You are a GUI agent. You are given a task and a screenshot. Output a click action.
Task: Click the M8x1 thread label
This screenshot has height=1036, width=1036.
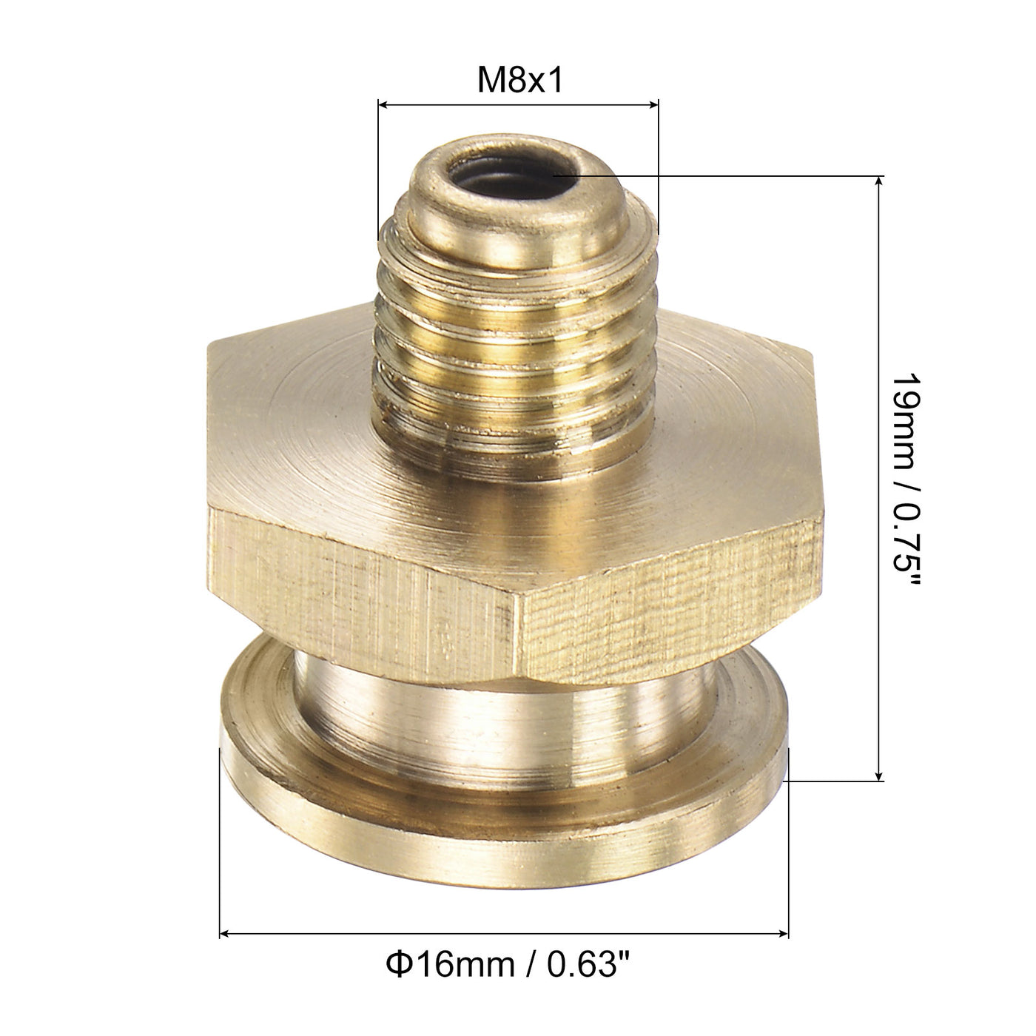pyautogui.click(x=520, y=80)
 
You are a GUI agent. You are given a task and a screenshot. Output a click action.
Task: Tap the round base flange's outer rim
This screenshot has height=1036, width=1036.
pyautogui.click(x=503, y=814)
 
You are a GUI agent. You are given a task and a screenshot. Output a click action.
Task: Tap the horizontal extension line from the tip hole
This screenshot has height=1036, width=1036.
pyautogui.click(x=740, y=176)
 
